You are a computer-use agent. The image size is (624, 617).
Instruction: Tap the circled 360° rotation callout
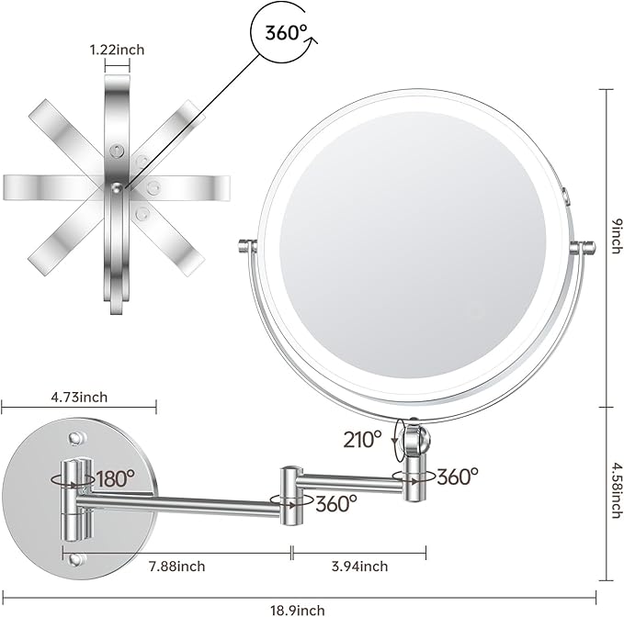coord(286,35)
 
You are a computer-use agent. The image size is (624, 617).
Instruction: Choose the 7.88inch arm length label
coord(178,566)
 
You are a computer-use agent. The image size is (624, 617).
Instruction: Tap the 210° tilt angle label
coord(364,439)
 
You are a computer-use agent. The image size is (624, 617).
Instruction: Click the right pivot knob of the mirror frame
coord(581,246)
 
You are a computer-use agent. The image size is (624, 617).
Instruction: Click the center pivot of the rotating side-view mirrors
coord(116,186)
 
